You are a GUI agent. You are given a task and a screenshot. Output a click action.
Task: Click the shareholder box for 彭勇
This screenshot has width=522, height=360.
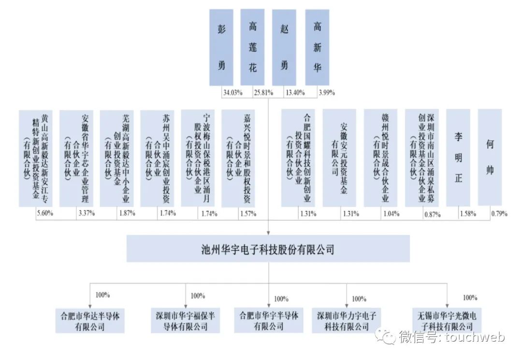click(x=221, y=47)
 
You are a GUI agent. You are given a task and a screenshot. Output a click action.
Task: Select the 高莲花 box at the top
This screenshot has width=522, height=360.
click(x=252, y=47)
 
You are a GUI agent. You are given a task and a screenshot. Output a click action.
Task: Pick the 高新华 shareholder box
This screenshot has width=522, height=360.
click(x=317, y=47)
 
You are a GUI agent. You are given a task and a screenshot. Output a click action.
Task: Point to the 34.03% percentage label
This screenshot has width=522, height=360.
click(x=232, y=92)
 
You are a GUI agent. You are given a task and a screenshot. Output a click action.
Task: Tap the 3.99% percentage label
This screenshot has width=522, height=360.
click(x=327, y=92)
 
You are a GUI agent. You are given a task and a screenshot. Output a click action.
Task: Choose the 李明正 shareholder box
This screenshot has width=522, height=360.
click(x=458, y=158)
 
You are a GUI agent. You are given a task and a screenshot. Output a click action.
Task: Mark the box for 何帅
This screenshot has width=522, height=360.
click(x=490, y=158)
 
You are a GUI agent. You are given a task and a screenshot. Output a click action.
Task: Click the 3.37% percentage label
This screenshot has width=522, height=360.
click(x=87, y=213)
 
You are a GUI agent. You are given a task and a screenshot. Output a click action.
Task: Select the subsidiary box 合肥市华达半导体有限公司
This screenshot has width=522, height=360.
click(x=90, y=320)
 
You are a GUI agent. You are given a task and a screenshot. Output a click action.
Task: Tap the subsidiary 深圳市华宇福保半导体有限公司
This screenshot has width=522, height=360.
click(x=186, y=320)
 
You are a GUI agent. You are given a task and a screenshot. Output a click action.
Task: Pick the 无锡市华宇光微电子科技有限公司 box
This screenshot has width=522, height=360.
click(x=447, y=320)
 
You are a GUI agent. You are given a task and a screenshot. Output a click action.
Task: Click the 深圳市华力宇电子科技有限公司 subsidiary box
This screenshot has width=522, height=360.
click(x=347, y=320)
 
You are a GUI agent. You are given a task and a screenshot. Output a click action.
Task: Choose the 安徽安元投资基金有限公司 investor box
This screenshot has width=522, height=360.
click(x=339, y=158)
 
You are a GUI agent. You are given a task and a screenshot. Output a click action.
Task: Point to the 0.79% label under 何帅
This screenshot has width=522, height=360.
click(x=499, y=213)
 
